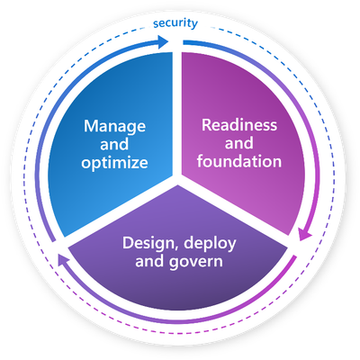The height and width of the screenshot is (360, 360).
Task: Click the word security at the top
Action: coord(175,23)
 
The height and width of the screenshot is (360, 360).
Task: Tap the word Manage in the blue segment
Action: coord(114,127)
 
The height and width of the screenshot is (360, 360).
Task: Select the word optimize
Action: coord(114,163)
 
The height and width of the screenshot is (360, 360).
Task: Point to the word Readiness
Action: coord(239,125)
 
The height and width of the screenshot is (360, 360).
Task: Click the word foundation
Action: coord(239,161)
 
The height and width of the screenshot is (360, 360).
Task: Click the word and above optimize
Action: coord(114,144)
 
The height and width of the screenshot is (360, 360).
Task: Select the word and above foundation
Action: coord(239,143)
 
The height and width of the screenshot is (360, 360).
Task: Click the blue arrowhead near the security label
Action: coord(163,41)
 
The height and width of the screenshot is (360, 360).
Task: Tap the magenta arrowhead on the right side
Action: coord(305,234)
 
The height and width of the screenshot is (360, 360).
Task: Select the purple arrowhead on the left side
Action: coord(61,259)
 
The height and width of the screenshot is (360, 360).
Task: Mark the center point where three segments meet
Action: coord(177,179)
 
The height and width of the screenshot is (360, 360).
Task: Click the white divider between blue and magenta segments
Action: coord(177,114)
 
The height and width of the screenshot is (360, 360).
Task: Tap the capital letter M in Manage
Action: coord(91,126)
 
